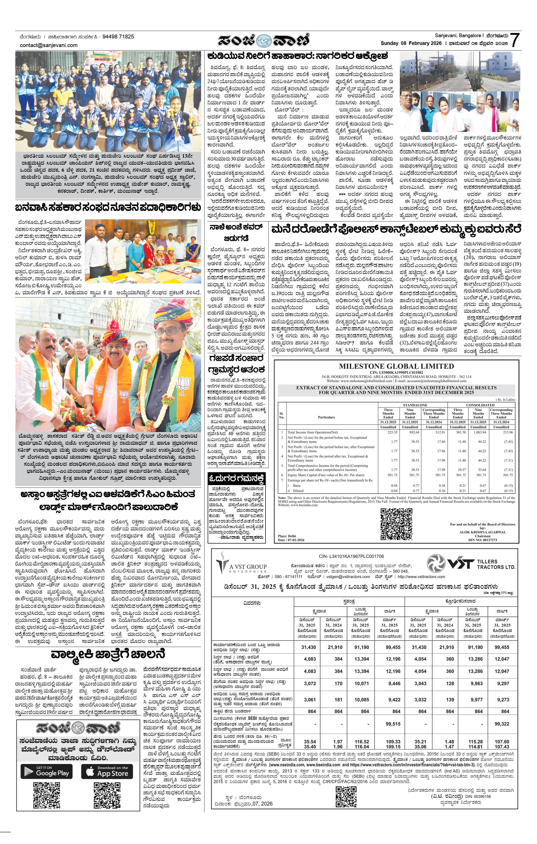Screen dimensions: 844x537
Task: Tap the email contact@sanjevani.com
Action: coord(49,45)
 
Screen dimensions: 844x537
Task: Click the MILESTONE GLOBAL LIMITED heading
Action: coord(396,366)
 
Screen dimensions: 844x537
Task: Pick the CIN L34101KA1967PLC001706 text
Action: coord(352,556)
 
